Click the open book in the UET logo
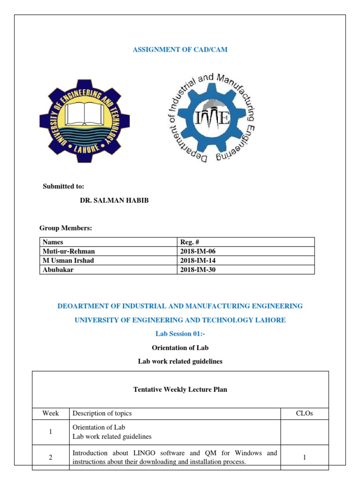[x=84, y=112]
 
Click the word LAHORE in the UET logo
[x=84, y=149]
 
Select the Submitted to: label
[x=64, y=186]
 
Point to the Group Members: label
[x=66, y=228]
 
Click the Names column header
[x=53, y=242]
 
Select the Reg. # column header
[x=190, y=242]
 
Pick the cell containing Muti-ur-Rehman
[x=68, y=251]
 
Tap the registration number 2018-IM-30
[x=198, y=270]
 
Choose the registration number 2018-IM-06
[x=198, y=251]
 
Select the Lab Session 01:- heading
[x=180, y=334]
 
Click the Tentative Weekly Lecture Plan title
[x=180, y=390]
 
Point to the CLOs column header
[x=304, y=413]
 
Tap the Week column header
[x=51, y=413]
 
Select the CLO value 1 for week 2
[x=304, y=457]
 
